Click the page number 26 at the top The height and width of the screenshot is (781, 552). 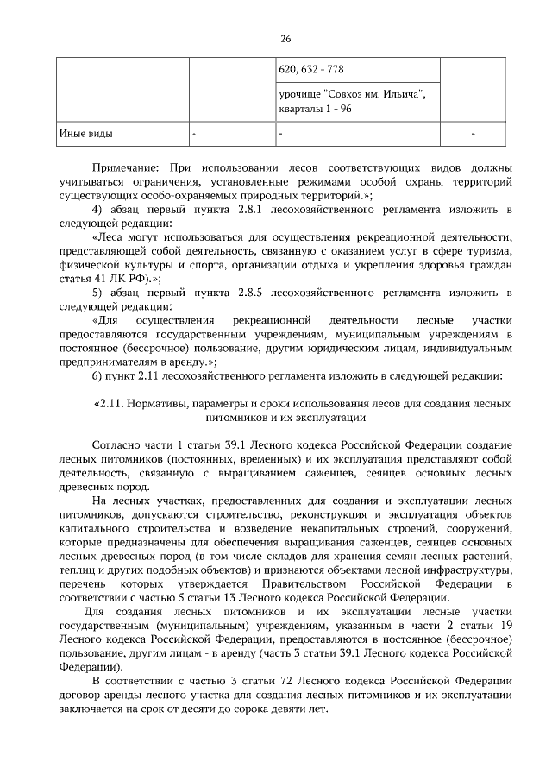[x=285, y=39]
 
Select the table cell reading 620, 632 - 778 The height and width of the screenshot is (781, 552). [x=312, y=70]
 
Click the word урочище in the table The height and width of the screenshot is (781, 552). [x=301, y=94]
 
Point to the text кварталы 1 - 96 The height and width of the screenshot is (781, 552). [x=315, y=110]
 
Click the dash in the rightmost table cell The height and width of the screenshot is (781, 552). [x=474, y=135]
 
